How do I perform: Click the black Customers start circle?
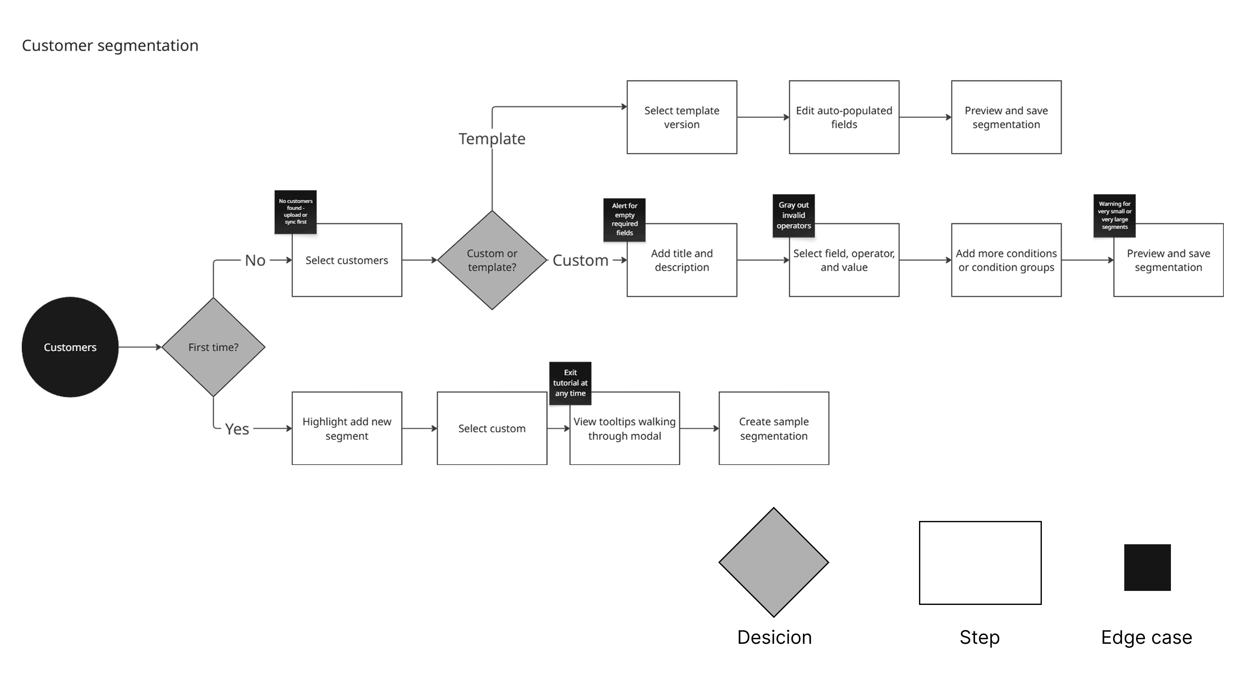pos(70,347)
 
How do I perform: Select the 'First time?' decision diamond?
pos(213,347)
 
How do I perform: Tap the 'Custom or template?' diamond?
pos(492,260)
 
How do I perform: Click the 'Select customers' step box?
pos(347,260)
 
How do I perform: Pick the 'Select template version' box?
pos(681,117)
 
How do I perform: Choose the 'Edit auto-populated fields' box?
pos(844,117)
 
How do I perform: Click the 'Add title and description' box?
pos(681,260)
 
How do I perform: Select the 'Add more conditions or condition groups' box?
pos(1006,260)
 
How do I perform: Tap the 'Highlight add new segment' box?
pos(347,428)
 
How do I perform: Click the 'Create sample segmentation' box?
pos(774,428)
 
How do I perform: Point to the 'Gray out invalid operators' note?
pos(793,216)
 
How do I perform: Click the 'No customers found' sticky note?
pos(295,212)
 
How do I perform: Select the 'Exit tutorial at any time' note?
pos(570,383)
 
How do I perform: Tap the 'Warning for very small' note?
pos(1114,216)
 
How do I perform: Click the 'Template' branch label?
pos(492,139)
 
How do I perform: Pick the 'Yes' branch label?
pos(237,429)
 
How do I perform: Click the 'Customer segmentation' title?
pos(110,46)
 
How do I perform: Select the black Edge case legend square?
pos(1147,568)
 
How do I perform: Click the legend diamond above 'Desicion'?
pos(774,562)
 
